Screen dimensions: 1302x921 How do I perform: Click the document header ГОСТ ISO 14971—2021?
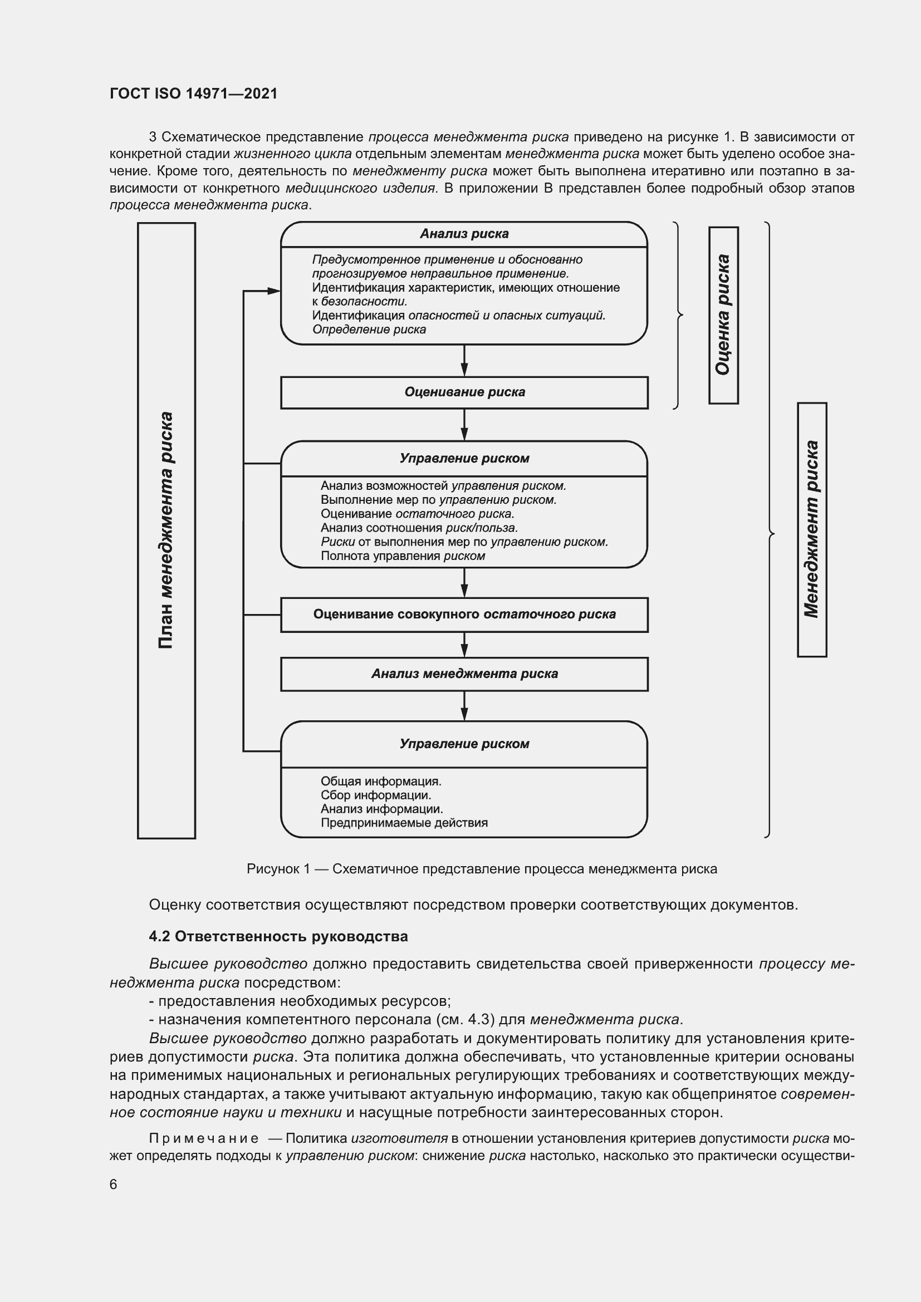point(193,94)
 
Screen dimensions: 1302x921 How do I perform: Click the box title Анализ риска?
point(464,234)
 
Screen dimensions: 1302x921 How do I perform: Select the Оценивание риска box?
point(464,392)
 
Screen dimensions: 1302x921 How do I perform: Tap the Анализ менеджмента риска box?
point(464,674)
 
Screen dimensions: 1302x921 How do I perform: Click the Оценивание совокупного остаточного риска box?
point(464,614)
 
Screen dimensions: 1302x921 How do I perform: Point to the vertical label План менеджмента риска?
point(166,530)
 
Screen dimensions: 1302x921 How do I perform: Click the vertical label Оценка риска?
point(723,315)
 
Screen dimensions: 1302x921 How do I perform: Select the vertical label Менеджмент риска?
point(811,529)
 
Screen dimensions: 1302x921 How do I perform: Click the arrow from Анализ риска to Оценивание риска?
point(464,361)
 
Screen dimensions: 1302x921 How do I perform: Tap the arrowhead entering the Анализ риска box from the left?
point(273,291)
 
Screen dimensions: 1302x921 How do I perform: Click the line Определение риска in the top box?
point(369,330)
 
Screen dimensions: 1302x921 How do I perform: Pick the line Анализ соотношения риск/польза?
point(419,528)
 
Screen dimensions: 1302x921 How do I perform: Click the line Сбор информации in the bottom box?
point(375,795)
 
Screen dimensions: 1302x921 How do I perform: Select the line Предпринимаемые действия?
point(404,823)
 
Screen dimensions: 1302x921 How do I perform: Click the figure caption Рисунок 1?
point(482,869)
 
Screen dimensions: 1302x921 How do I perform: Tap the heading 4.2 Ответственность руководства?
point(278,936)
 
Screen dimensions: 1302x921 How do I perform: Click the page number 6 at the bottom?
point(114,1184)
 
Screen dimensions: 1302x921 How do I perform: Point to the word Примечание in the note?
point(204,1138)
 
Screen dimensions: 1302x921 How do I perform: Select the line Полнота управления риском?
point(403,556)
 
